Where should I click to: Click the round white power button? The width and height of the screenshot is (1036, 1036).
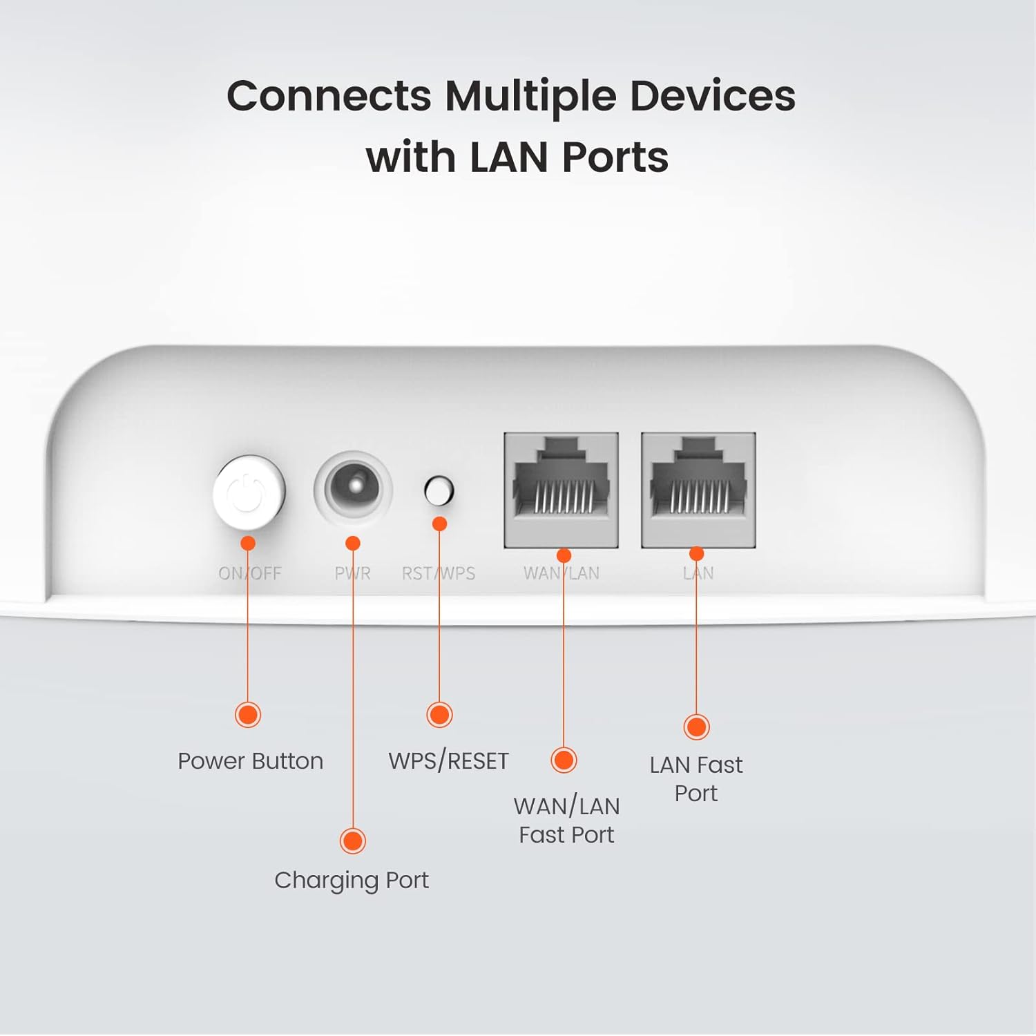(x=249, y=492)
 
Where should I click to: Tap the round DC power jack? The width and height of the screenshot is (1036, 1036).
(x=354, y=488)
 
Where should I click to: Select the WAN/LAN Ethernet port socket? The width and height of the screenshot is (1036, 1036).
(x=561, y=490)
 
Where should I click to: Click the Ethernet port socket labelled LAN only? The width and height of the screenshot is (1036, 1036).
(x=698, y=490)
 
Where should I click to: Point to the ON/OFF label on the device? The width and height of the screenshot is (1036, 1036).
(x=250, y=573)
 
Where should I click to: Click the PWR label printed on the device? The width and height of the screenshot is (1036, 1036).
(x=353, y=573)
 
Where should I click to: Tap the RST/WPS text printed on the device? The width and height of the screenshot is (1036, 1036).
(x=439, y=573)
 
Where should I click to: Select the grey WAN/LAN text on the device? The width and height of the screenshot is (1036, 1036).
(x=562, y=573)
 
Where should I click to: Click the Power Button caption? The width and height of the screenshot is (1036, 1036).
(x=250, y=761)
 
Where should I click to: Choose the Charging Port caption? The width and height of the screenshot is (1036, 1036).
(x=352, y=881)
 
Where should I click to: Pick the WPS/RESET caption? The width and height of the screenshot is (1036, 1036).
(x=448, y=761)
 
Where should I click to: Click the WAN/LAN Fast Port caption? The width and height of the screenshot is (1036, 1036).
(x=566, y=821)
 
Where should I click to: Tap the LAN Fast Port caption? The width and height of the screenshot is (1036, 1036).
(x=696, y=779)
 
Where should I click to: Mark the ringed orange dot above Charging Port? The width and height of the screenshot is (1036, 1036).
(x=353, y=841)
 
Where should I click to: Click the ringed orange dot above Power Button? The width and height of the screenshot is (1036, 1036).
(x=248, y=714)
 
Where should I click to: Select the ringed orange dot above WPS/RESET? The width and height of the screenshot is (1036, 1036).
(x=439, y=714)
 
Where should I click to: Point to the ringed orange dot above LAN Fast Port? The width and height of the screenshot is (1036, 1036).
(x=696, y=727)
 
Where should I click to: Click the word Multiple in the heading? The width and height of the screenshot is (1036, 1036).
(x=530, y=97)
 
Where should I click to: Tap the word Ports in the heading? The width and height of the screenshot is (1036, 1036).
(x=615, y=157)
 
